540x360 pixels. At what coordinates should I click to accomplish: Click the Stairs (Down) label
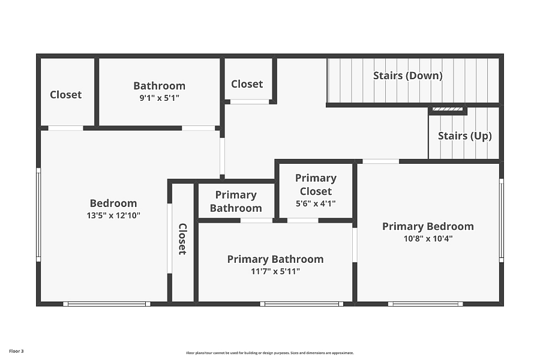click(408, 76)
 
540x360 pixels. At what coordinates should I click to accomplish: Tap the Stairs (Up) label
click(464, 136)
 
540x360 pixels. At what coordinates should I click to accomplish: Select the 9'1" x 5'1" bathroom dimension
click(159, 98)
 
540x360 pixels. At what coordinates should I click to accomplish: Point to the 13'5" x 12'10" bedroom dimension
click(113, 215)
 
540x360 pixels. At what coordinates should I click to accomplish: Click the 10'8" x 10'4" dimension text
click(428, 238)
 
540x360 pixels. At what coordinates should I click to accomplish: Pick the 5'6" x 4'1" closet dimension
click(316, 203)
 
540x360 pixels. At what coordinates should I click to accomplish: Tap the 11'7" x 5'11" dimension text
click(275, 271)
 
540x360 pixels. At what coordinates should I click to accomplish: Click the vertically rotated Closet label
click(182, 239)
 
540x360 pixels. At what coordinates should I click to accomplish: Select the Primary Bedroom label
click(428, 226)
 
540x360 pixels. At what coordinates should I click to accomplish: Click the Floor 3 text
click(16, 351)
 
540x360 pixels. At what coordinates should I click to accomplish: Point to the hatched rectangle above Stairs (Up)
click(448, 109)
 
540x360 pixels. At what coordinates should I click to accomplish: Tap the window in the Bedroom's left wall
click(38, 215)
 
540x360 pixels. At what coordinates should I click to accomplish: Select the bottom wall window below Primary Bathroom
click(301, 304)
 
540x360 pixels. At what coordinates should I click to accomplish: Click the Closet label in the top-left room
click(66, 94)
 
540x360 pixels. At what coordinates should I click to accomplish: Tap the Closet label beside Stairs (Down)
click(247, 84)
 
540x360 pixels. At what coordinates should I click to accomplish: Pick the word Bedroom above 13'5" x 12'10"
click(113, 203)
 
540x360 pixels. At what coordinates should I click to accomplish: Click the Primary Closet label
click(316, 184)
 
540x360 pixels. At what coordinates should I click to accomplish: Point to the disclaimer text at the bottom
click(270, 353)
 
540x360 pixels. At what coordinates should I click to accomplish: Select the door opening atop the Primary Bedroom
click(380, 161)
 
